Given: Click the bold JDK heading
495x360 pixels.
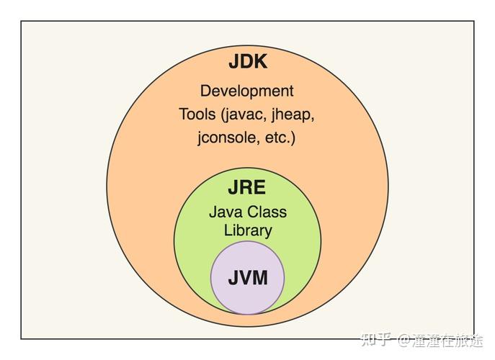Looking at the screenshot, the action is point(248,61).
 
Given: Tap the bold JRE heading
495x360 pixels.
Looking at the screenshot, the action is point(247,188).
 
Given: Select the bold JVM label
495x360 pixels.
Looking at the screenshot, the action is point(248,278).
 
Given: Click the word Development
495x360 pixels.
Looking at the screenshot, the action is point(247,91).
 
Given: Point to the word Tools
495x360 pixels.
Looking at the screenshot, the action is point(197,114).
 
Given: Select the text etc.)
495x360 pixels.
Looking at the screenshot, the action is point(280,138).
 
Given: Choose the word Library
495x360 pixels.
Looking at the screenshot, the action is point(248,230).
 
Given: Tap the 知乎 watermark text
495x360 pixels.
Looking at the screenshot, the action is point(377,340).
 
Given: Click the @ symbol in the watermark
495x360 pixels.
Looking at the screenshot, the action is point(403,341).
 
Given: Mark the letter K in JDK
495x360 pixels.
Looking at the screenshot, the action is point(260,61).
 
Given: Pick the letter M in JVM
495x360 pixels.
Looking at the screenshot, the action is point(260,278).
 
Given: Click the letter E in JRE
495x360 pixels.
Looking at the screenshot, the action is point(259,188).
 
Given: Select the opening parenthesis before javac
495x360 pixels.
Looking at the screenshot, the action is point(222,115).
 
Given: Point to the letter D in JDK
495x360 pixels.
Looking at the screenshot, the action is point(246,61).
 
